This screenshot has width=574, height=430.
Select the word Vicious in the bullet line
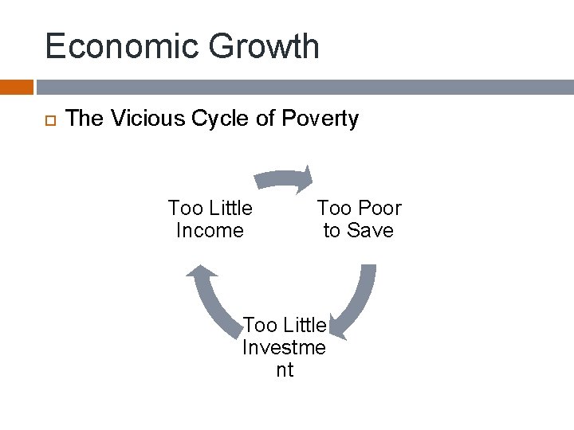point(136,119)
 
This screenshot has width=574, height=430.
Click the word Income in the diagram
point(210,231)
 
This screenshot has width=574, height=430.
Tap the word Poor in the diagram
point(375,209)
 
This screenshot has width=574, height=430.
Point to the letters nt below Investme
point(284,369)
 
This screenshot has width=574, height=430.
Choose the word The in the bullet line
point(85,119)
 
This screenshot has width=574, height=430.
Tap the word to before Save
point(332,231)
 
